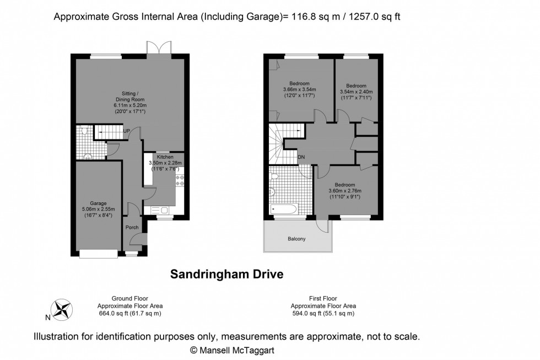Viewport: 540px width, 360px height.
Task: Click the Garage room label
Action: point(98,203)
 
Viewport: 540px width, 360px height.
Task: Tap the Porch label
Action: point(132,227)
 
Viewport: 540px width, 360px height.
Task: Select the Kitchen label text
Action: point(164,157)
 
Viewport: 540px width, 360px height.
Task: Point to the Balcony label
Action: point(296,239)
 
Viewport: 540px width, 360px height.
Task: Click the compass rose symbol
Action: point(62,309)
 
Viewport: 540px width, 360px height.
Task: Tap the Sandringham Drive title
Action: point(226,274)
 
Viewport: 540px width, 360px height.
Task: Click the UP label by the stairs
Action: point(126,131)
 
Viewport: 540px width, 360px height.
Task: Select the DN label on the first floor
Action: point(301,157)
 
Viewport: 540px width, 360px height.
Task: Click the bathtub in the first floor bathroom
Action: point(284,209)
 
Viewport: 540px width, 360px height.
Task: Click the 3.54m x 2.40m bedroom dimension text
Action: point(356,92)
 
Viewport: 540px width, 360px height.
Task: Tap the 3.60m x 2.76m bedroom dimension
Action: point(345,191)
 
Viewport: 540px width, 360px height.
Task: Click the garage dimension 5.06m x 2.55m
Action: point(98,209)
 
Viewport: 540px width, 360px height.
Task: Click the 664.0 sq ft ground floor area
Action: point(130,313)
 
